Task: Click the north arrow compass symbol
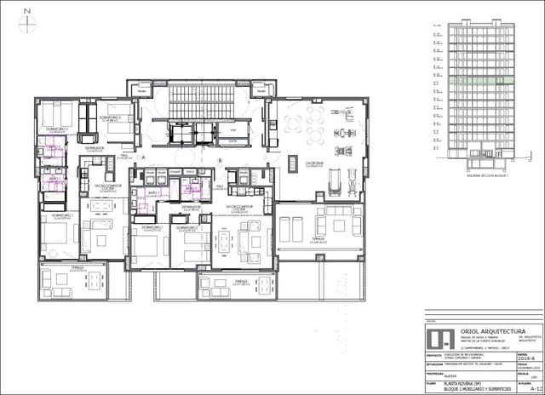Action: pos(27,25)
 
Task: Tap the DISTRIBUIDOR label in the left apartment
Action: pos(94,148)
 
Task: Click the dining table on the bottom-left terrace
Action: pos(62,278)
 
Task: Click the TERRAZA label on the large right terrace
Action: pos(318,239)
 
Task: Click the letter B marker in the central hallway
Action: pos(219,160)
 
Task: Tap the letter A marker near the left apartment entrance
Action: pos(144,157)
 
